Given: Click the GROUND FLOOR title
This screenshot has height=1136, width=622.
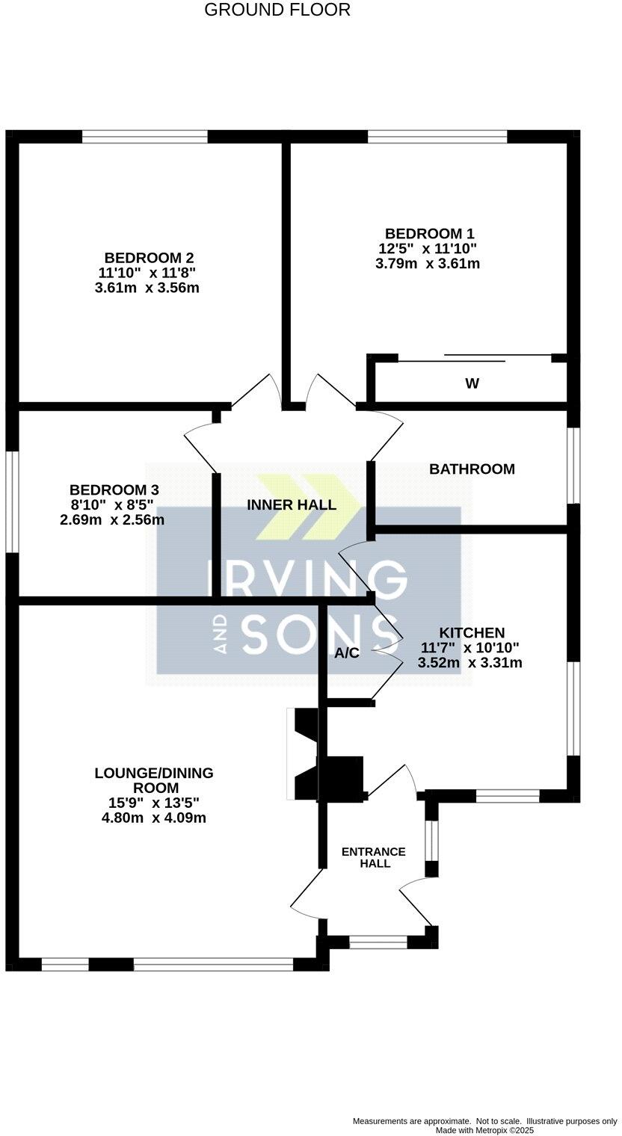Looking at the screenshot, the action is [277, 10].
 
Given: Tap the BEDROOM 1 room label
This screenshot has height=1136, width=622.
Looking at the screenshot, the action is [429, 234].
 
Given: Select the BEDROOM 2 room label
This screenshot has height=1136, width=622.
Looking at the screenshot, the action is [150, 258].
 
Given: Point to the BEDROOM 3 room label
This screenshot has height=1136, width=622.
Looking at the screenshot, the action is [114, 490].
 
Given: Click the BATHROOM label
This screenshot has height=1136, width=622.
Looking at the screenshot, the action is [472, 469].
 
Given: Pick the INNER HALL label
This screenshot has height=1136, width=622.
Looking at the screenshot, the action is [292, 504].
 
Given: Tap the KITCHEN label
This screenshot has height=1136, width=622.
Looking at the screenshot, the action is [472, 633].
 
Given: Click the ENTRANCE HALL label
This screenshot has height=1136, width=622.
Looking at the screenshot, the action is [373, 857].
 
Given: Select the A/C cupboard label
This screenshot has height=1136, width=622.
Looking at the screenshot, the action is [347, 653].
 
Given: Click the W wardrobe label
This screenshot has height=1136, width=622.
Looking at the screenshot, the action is [472, 383].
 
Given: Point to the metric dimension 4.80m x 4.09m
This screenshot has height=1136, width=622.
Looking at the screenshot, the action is [154, 818].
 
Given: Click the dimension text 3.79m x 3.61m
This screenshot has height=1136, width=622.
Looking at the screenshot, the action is [428, 264].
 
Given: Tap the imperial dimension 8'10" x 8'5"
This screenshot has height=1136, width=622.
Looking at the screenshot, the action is [113, 504].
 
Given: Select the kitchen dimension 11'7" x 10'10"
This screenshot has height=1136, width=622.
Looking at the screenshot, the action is [470, 648].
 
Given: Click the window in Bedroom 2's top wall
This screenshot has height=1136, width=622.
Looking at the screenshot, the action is [144, 137].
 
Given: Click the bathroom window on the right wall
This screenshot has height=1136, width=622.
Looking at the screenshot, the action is [573, 465].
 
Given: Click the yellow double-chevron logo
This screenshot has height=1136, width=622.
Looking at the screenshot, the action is [309, 507].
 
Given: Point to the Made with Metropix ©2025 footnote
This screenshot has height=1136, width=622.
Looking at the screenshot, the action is [484, 1131].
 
